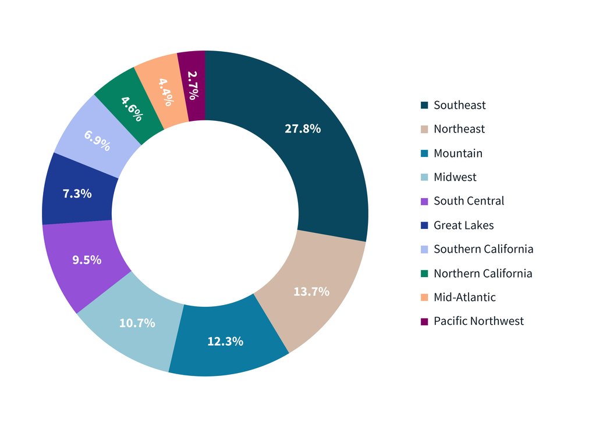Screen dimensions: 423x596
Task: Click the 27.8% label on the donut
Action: coord(303,129)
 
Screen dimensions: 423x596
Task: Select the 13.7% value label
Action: coord(311,292)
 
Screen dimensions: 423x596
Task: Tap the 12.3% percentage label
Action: coord(225,342)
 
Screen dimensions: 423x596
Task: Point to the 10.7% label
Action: coord(137,323)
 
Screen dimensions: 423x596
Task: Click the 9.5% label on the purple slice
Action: coord(87,260)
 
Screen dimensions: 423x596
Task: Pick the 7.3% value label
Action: coord(77,193)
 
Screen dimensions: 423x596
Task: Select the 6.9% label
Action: coord(97,141)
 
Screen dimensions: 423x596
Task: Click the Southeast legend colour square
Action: coord(424,105)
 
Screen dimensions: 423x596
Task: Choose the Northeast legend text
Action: coord(459,129)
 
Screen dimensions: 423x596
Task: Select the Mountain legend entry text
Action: coord(457,153)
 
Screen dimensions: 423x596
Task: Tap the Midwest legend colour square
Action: coord(424,177)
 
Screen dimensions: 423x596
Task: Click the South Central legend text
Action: coord(469,201)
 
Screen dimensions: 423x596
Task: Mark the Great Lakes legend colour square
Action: coord(424,225)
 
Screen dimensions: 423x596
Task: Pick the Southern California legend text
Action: coord(483,249)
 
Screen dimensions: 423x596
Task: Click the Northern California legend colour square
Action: coord(424,273)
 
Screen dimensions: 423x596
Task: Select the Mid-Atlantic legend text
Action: coord(464,297)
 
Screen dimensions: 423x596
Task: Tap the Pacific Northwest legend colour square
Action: coord(424,321)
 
